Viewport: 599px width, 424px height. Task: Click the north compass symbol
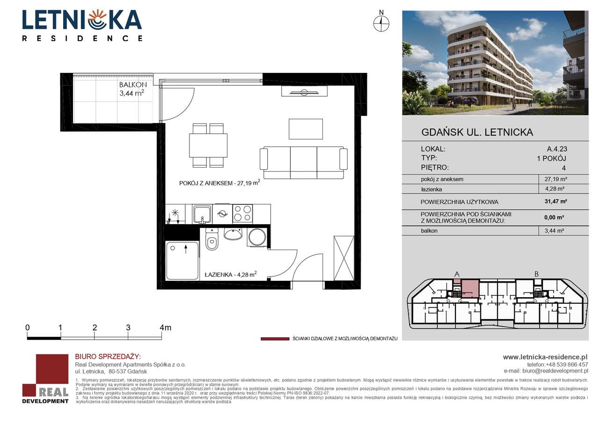point(381,22)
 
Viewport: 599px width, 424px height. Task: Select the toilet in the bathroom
point(212,241)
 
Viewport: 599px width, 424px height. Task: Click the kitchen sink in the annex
point(203,214)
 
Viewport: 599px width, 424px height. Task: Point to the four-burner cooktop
point(242,214)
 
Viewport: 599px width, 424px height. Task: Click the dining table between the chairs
point(208,145)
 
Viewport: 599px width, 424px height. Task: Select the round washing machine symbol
point(257,237)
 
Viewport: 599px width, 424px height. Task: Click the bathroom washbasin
point(233,234)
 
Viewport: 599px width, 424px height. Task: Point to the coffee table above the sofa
point(306,129)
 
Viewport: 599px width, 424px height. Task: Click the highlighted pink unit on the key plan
point(470,288)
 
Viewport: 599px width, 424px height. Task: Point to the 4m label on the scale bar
point(165,328)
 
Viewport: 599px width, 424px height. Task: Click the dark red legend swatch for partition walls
point(275,338)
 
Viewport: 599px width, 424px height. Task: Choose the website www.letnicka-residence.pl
point(545,357)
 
